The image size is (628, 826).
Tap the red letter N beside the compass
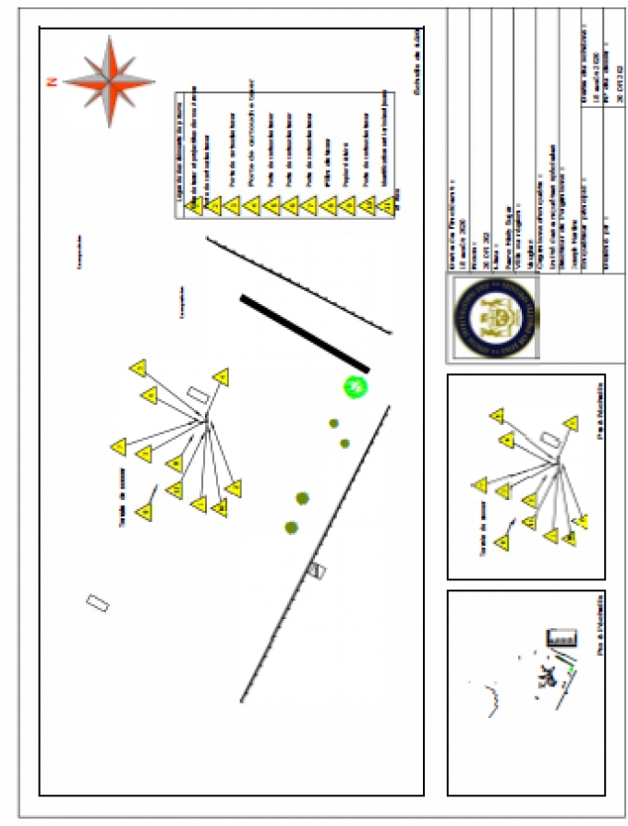(x=52, y=82)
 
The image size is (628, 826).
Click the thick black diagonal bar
(x=305, y=333)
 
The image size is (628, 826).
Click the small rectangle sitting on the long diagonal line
(x=318, y=571)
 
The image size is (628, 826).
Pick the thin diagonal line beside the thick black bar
(x=297, y=283)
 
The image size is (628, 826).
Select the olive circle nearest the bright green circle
(x=334, y=423)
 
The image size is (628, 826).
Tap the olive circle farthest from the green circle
(x=292, y=528)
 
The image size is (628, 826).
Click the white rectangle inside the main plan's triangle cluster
(x=197, y=395)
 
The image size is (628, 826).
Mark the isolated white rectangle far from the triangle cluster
(x=98, y=602)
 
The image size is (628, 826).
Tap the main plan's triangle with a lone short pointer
(x=143, y=512)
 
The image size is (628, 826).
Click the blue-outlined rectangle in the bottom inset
(x=562, y=637)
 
